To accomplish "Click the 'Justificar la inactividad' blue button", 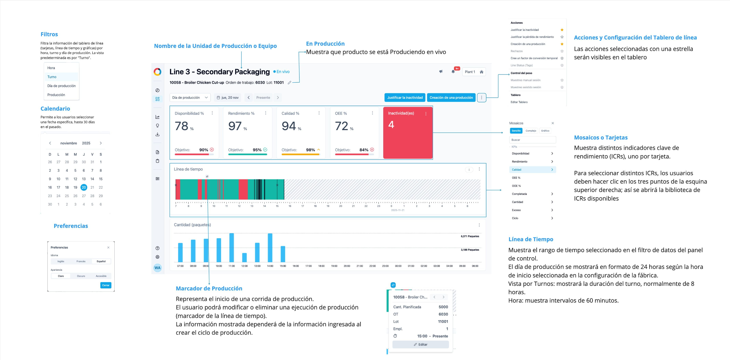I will [405, 98].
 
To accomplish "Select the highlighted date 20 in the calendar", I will [84, 187].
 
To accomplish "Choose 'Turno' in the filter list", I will [52, 77].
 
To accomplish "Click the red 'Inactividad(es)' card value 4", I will [391, 125].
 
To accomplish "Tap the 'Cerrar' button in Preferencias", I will [106, 285].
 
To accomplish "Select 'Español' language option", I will [101, 261].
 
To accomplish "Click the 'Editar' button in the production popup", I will [421, 345].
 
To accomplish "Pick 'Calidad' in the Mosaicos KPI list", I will [516, 170].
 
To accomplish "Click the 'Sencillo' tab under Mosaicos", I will [516, 131].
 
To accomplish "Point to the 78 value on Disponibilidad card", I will [182, 126].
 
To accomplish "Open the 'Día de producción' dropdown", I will [190, 98].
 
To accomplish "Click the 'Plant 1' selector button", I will [474, 72].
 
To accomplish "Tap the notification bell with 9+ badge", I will [453, 72].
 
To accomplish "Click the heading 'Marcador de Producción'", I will [209, 288].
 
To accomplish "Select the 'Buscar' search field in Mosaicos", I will [532, 140].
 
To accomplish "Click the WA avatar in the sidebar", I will [157, 268].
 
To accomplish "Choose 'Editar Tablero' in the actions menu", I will [519, 102].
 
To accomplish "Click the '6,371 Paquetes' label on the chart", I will [470, 236].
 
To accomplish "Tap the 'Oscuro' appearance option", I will [81, 276].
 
